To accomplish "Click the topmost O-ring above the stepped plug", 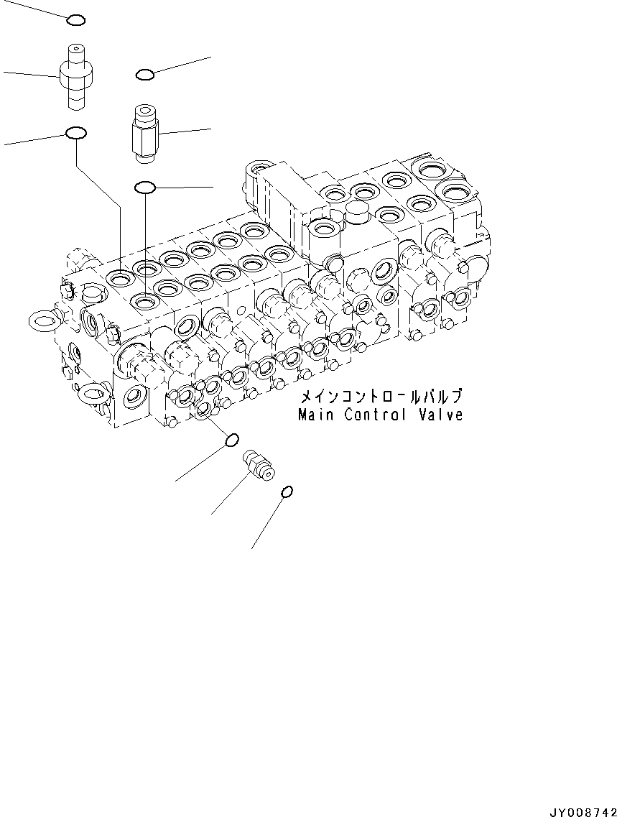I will click(x=76, y=20).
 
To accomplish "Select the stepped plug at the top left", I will click(x=75, y=75).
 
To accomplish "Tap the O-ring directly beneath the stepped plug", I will click(x=76, y=133).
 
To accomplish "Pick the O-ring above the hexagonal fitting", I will click(x=144, y=74).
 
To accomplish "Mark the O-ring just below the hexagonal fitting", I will click(x=145, y=188).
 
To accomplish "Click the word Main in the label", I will click(x=316, y=415).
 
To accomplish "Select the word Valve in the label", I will click(x=442, y=415).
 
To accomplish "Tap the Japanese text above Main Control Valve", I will click(x=381, y=397).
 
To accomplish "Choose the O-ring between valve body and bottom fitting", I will click(x=232, y=439).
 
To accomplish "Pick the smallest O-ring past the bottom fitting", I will click(x=287, y=491).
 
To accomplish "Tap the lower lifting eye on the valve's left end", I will click(x=93, y=393).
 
